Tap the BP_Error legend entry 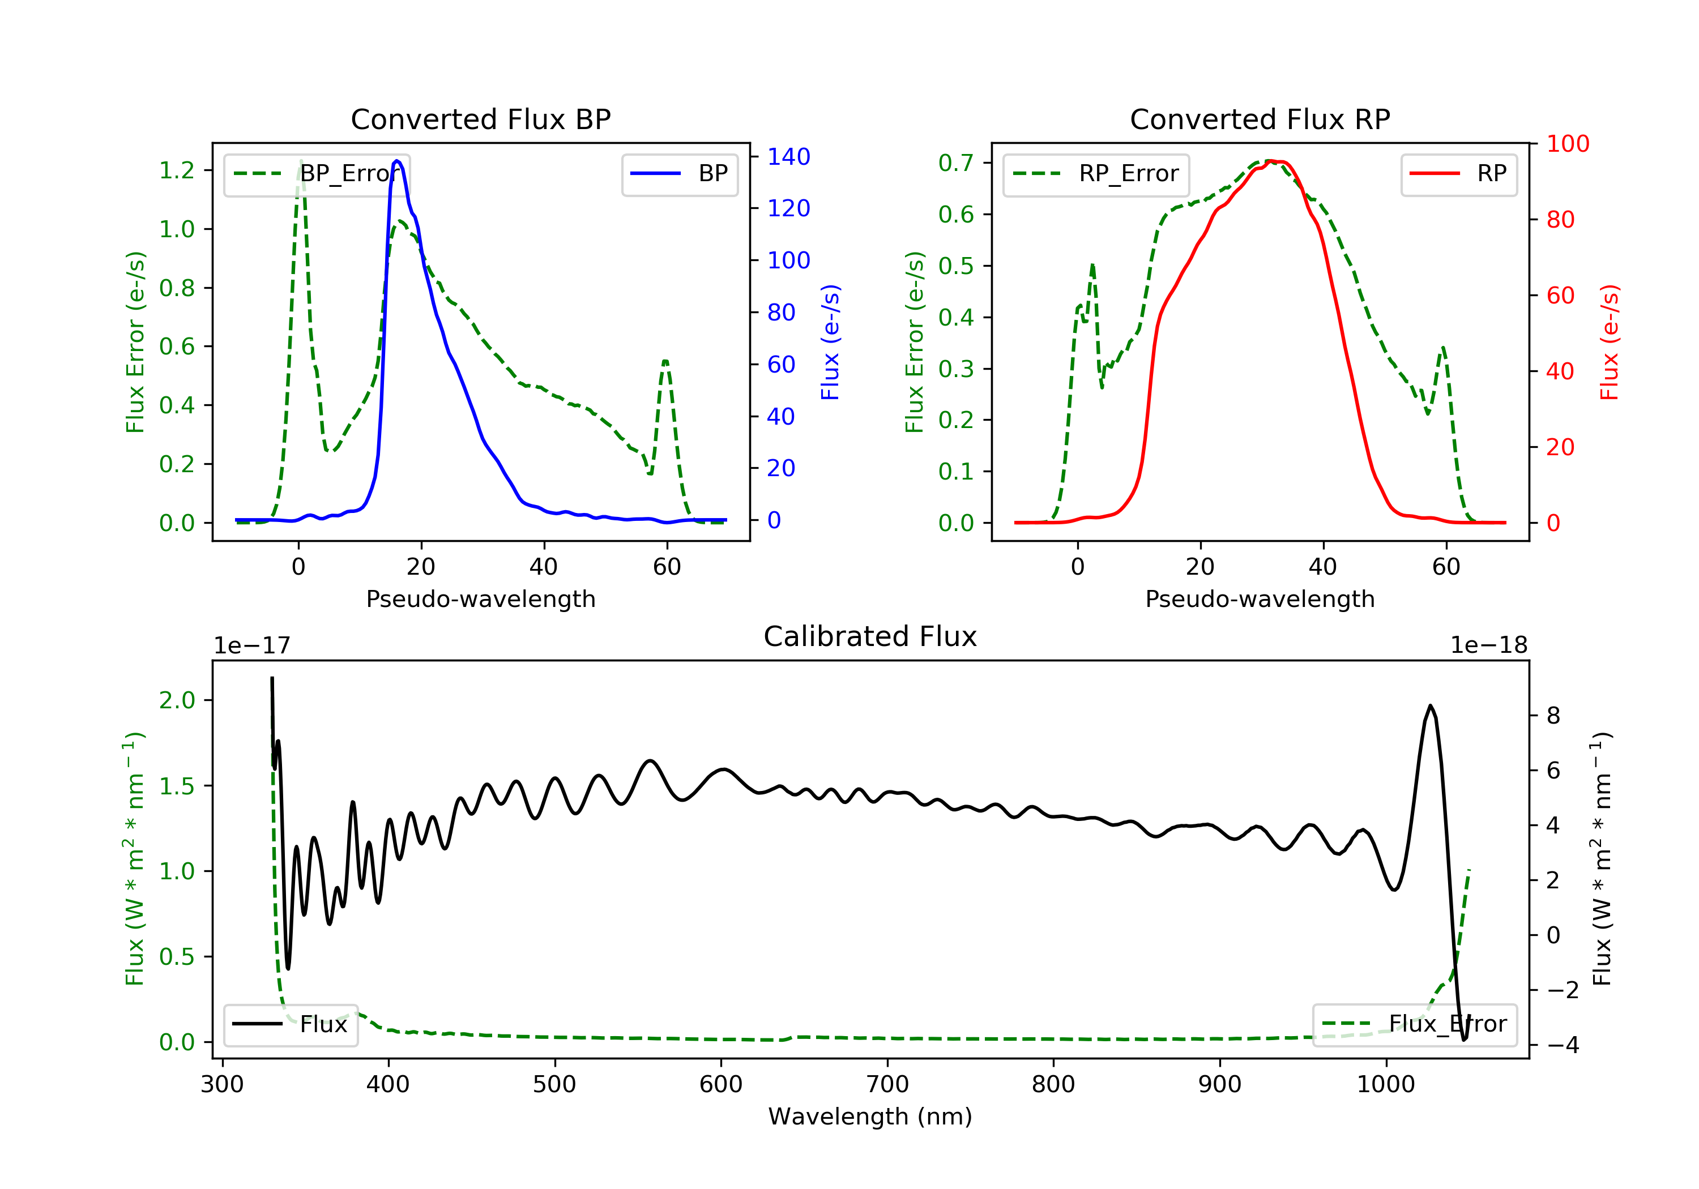coord(317,174)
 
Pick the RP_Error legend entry coord(1096,174)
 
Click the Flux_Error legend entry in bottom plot coord(1414,1024)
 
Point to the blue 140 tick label coord(788,157)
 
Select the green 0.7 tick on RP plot coord(956,162)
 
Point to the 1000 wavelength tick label coord(1385,1085)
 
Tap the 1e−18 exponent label coord(1488,646)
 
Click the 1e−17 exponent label coord(253,646)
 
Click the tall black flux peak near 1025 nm coord(1429,706)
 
